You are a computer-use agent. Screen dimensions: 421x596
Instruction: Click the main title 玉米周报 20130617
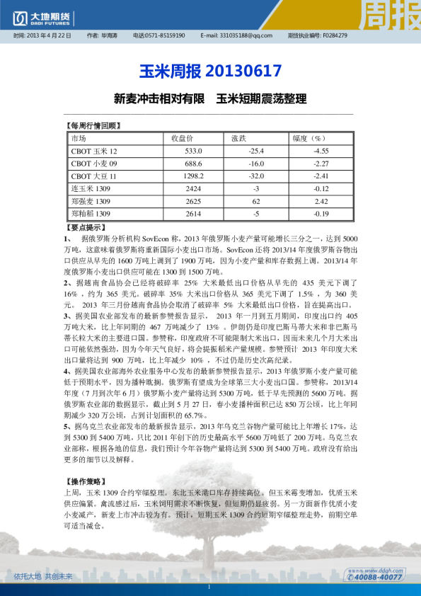pos(210,71)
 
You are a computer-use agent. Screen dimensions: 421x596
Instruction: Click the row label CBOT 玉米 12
pos(94,151)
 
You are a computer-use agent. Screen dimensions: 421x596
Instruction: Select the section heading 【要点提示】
pos(84,228)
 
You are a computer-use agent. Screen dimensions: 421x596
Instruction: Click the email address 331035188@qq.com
pos(246,35)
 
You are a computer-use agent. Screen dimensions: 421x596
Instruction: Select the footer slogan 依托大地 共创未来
pos(42,576)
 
